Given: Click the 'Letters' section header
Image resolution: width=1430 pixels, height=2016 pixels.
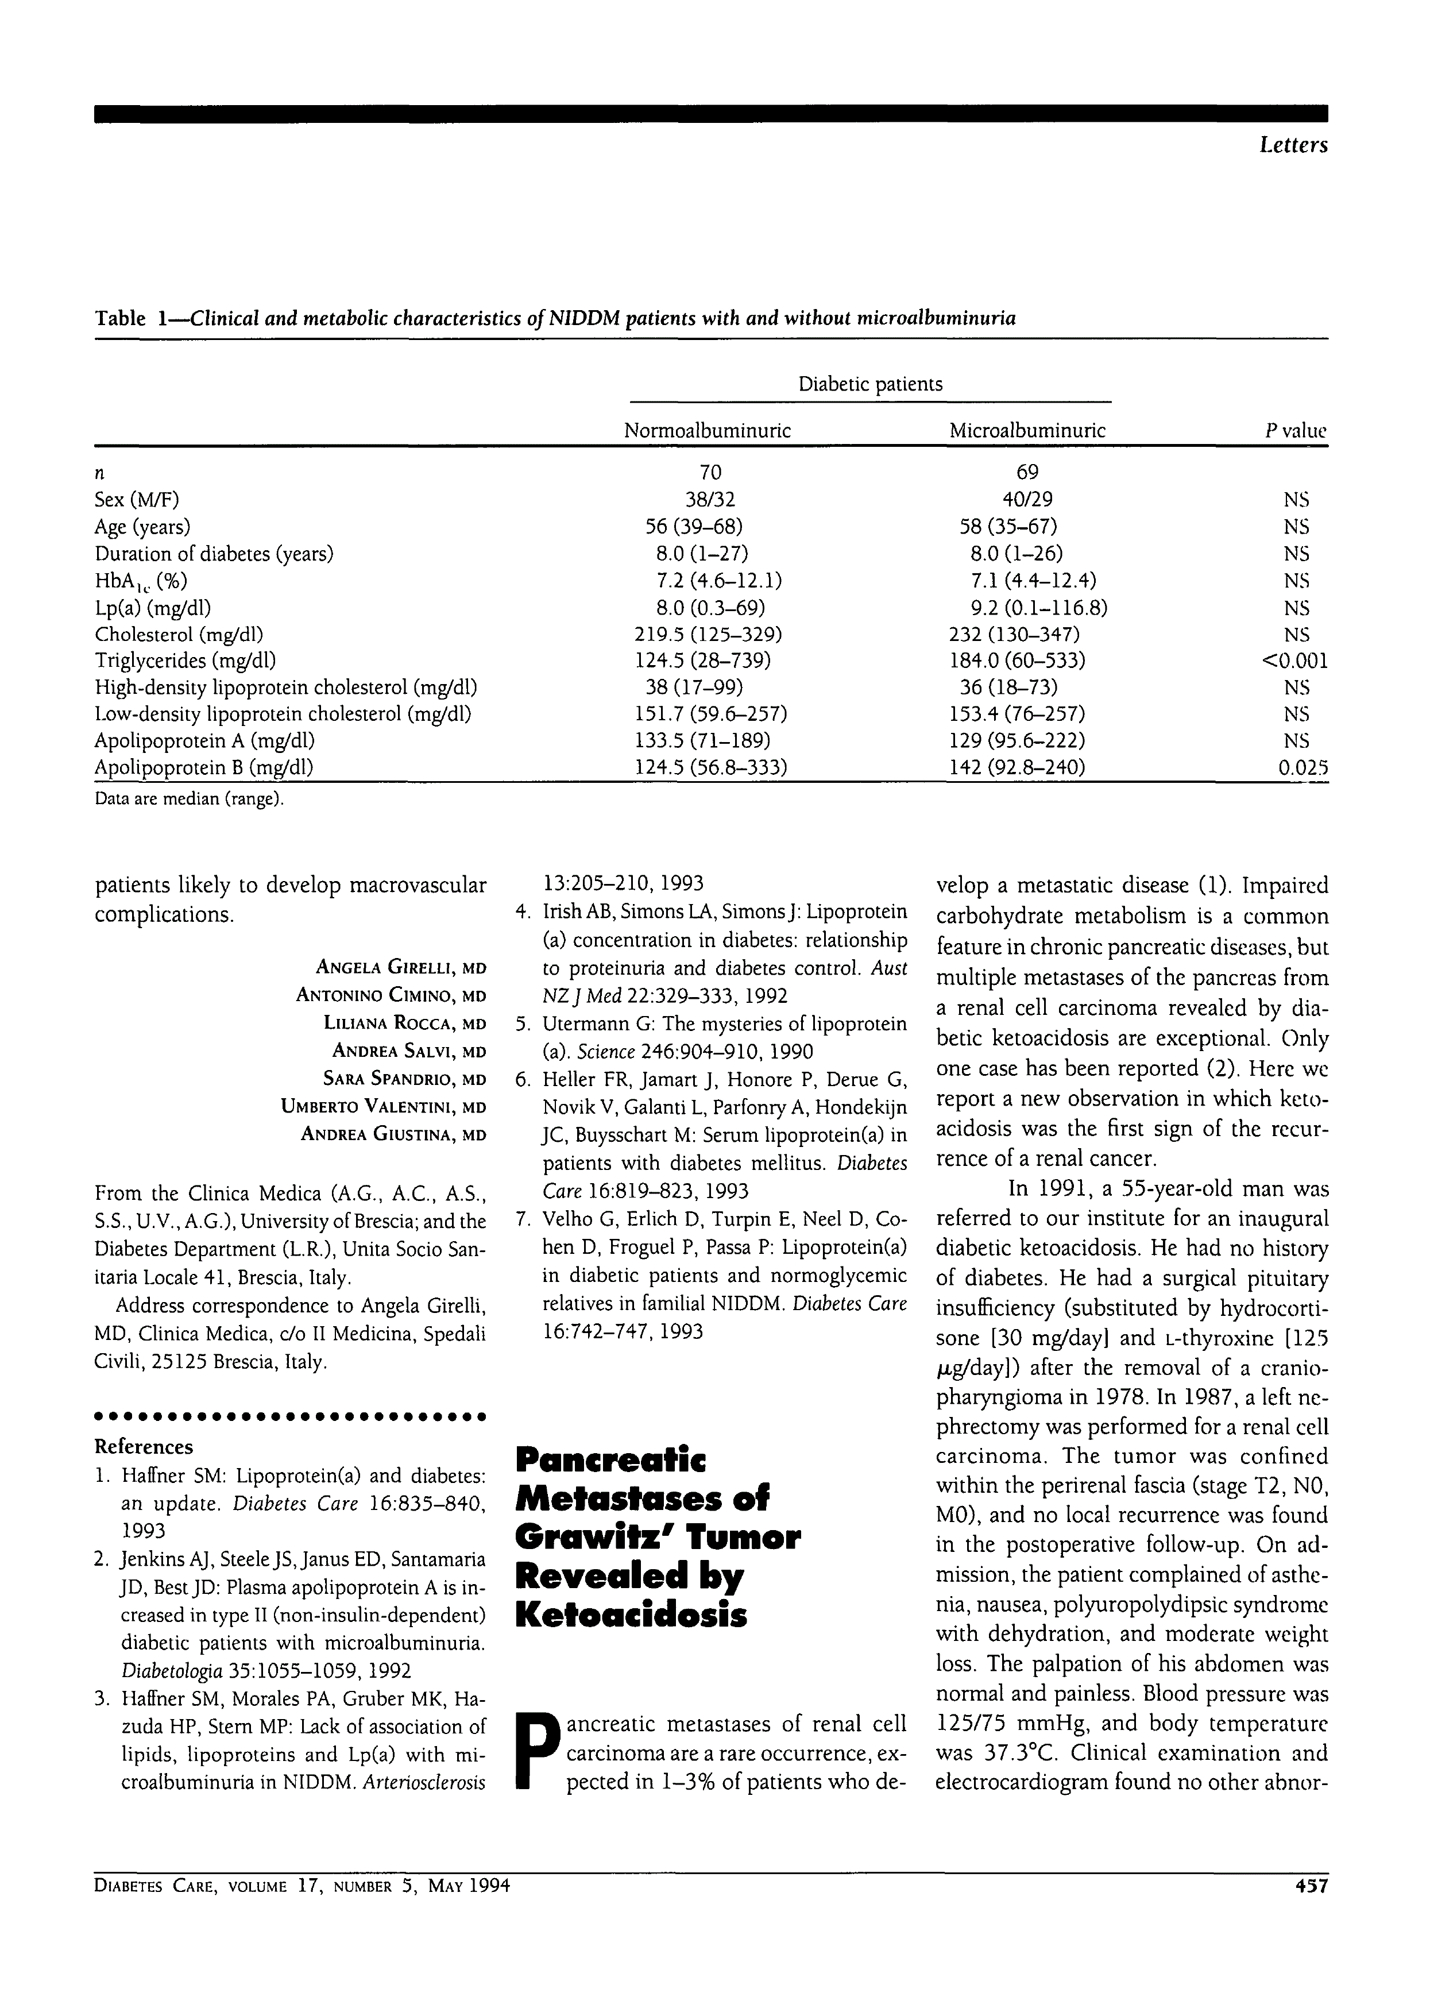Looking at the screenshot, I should click(1292, 145).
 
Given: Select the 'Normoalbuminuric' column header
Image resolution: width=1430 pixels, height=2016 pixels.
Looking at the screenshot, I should click(707, 431).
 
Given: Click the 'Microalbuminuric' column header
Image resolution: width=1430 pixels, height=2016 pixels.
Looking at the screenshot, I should click(1027, 431).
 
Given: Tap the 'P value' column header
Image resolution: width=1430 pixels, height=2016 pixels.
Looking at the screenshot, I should click(1295, 431).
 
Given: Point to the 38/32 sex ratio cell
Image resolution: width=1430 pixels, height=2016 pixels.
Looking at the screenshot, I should click(710, 500).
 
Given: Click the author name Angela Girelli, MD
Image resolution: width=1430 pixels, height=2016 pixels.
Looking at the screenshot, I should click(401, 968).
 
